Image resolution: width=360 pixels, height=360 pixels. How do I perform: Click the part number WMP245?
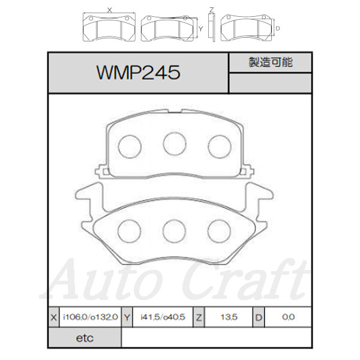pyautogui.click(x=139, y=73)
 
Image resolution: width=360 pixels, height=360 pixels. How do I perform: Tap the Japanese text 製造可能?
pyautogui.click(x=271, y=62)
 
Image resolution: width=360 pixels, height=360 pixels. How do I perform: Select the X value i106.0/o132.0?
pyautogui.click(x=90, y=317)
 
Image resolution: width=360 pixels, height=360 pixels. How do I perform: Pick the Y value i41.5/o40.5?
pyautogui.click(x=163, y=317)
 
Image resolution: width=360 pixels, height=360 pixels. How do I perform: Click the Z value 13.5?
pyautogui.click(x=229, y=317)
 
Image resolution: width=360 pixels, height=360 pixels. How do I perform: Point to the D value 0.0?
pyautogui.click(x=289, y=317)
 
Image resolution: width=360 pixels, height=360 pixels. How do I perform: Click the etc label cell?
pyautogui.click(x=85, y=338)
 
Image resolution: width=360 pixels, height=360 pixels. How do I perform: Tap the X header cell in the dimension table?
pyautogui.click(x=54, y=317)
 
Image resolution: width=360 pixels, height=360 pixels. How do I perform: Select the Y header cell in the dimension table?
pyautogui.click(x=127, y=317)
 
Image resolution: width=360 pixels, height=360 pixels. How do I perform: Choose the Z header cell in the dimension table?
pyautogui.click(x=199, y=317)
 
